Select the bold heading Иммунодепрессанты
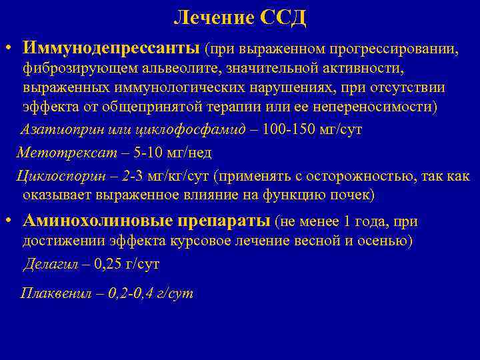coord(110,48)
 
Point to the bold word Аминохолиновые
coord(98,221)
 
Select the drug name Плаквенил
coord(53,293)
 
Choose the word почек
coord(354,195)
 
